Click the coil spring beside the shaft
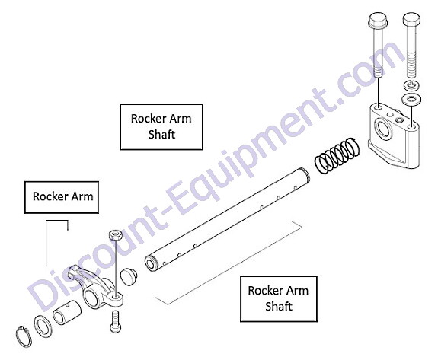pos(337,155)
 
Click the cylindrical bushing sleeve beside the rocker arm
pos(67,312)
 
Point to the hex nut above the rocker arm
pos(115,234)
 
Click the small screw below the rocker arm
pos(114,322)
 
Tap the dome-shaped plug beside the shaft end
pos(128,276)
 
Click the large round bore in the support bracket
pos(384,129)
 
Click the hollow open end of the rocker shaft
pos(152,263)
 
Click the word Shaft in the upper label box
pos(161,134)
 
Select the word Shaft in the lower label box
pos(279,306)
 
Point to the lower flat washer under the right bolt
pos(411,99)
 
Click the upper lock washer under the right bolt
pos(411,84)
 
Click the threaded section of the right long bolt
pos(411,65)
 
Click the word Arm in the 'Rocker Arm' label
pos(82,196)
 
